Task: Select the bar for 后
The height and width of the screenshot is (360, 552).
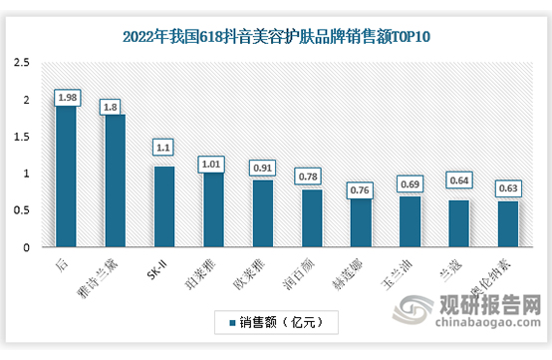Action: [66, 175]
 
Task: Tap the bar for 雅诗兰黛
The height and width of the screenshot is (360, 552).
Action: [115, 180]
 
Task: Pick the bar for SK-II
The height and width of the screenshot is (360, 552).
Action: [163, 206]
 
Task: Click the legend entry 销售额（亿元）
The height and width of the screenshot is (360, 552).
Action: [278, 322]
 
